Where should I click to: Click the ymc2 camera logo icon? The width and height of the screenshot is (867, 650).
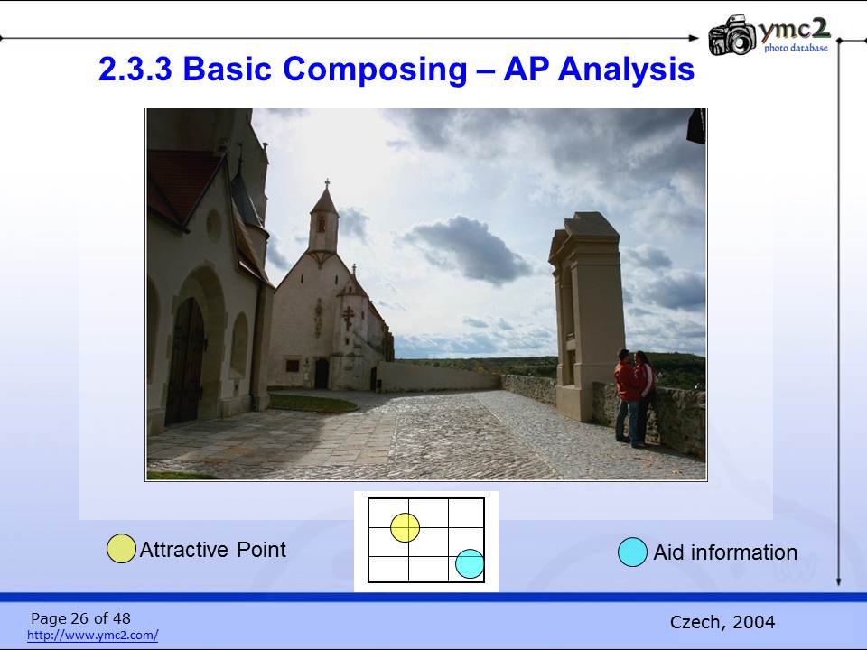(x=732, y=35)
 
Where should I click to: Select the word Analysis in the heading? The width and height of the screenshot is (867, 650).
(x=626, y=70)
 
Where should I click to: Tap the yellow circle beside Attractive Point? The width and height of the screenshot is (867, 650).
(x=121, y=548)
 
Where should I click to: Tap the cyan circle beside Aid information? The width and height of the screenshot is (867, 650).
(x=632, y=552)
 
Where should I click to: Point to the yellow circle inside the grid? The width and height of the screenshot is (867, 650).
(x=406, y=527)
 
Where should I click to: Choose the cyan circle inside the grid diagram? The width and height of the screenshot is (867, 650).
(x=470, y=563)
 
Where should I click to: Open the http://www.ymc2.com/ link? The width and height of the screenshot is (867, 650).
(x=93, y=635)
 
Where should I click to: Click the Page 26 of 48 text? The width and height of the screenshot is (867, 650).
(x=80, y=617)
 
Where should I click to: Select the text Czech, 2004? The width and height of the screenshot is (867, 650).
(x=722, y=622)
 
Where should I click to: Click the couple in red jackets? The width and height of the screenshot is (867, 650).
(x=635, y=397)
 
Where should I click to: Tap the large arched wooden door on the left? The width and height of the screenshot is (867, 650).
(x=186, y=361)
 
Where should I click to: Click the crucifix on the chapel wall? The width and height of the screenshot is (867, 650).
(x=348, y=318)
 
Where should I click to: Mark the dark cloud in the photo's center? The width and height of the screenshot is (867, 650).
(x=468, y=249)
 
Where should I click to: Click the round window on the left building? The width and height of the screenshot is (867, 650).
(x=213, y=226)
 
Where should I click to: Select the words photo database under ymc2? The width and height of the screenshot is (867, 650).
(x=797, y=48)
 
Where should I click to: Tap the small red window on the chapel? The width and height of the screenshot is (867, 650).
(x=292, y=366)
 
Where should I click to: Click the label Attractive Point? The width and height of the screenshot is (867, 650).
(x=213, y=550)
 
